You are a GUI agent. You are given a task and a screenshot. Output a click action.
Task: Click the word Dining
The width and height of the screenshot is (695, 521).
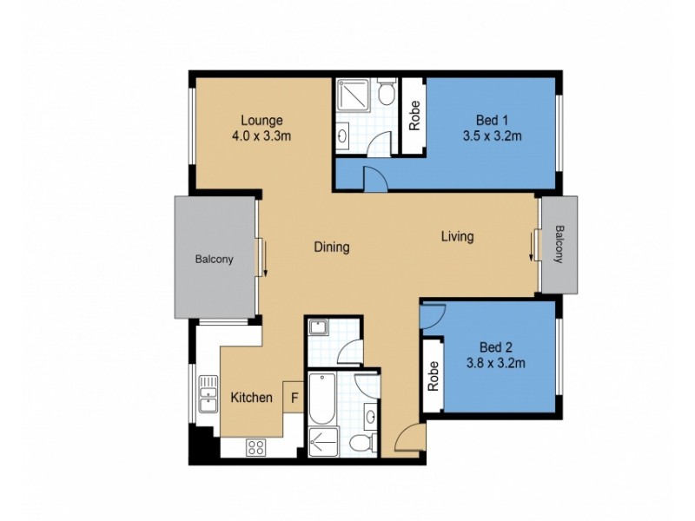click(331, 247)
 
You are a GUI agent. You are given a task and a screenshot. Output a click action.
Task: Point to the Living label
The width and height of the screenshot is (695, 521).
click(457, 236)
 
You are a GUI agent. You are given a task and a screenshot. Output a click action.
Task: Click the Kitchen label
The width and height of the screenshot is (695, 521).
click(251, 398)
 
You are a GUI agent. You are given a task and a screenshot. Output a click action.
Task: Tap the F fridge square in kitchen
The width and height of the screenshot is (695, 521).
click(294, 398)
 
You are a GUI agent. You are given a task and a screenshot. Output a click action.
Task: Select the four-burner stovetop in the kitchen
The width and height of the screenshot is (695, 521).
click(256, 447)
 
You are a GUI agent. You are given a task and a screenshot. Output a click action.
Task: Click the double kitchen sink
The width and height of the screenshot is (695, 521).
click(208, 395)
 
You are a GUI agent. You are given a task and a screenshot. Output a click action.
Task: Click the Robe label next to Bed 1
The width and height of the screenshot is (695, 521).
click(414, 116)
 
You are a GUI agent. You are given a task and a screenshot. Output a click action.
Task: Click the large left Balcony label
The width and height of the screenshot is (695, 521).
click(214, 258)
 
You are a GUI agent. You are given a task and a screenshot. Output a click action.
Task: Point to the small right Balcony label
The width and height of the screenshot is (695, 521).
click(559, 245)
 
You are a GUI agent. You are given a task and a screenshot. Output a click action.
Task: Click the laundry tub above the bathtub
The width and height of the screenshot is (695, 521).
click(318, 328)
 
